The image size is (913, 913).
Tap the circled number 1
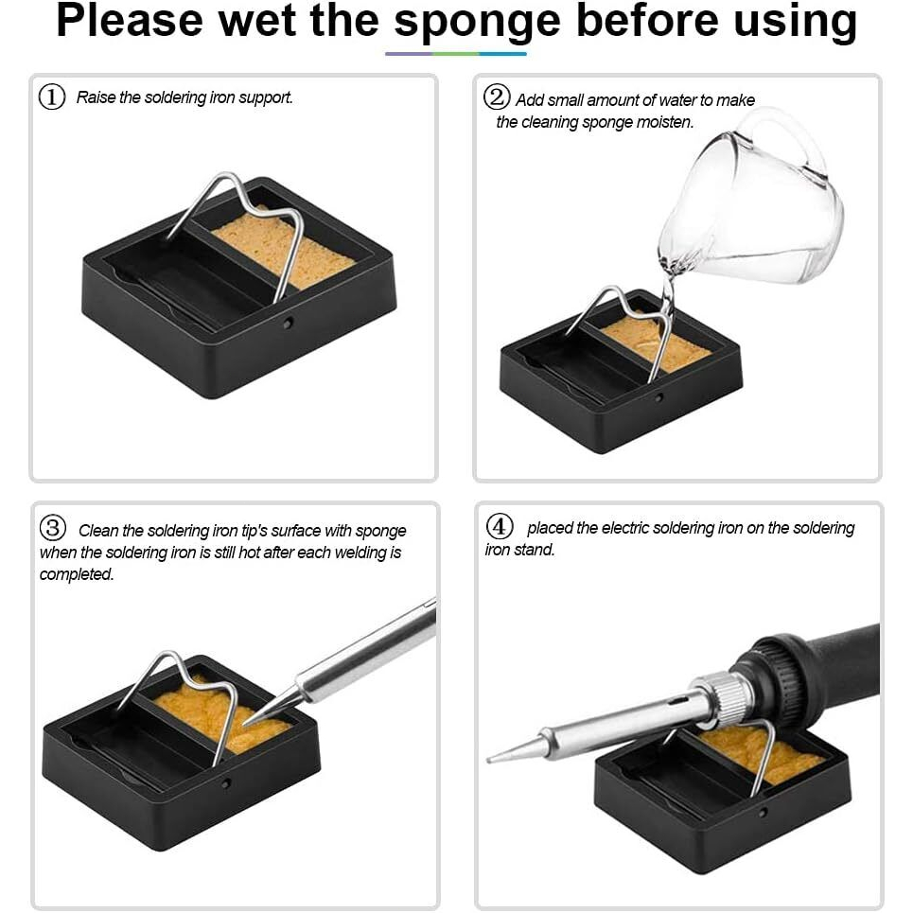(x=52, y=97)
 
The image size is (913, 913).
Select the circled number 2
(x=497, y=97)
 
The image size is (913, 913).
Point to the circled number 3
(x=53, y=528)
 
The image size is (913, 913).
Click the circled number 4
(x=500, y=526)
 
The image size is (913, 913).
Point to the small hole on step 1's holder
(x=288, y=322)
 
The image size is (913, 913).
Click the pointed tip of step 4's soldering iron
(x=488, y=760)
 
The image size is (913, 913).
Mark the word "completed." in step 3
(x=77, y=574)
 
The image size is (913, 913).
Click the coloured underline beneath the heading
(x=456, y=54)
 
